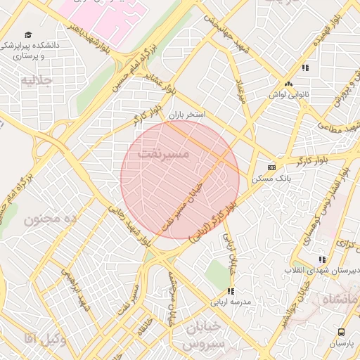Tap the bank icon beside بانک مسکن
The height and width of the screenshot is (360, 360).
point(272,167)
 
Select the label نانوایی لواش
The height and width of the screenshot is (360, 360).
point(288,94)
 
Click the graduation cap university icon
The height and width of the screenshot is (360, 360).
point(28,34)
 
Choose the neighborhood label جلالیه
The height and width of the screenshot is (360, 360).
point(36,80)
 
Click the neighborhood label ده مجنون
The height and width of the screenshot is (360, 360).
point(49,219)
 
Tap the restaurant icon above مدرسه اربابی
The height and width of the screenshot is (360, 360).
point(231,291)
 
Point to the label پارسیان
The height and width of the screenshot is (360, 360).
point(342,344)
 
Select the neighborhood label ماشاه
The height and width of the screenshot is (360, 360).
point(340,301)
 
